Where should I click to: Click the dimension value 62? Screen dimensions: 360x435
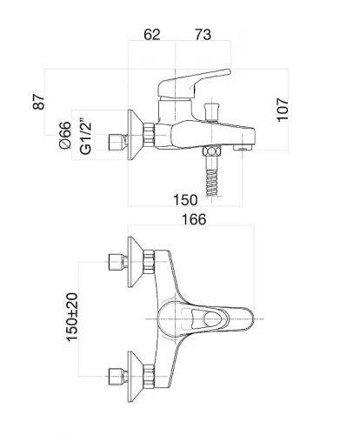pyautogui.click(x=152, y=35)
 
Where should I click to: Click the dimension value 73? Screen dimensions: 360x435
pyautogui.click(x=203, y=35)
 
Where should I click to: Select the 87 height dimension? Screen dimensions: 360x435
pyautogui.click(x=39, y=102)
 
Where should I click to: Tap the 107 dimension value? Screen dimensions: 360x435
pyautogui.click(x=283, y=110)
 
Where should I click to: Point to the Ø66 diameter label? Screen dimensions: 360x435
pyautogui.click(x=65, y=136)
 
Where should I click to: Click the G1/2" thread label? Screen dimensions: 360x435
pyautogui.click(x=86, y=137)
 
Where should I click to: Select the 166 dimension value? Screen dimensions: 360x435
pyautogui.click(x=194, y=219)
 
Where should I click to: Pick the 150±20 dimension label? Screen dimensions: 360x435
pyautogui.click(x=72, y=318)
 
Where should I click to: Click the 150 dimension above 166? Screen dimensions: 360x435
pyautogui.click(x=185, y=200)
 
